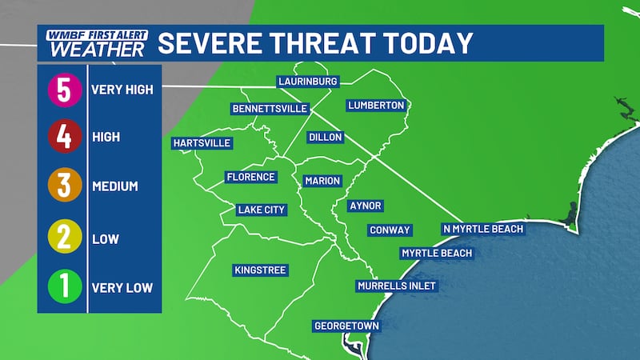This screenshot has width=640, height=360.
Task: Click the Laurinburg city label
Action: [x=308, y=82]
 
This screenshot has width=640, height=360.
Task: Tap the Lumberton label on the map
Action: [x=377, y=106]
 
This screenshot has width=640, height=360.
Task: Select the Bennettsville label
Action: [x=265, y=108]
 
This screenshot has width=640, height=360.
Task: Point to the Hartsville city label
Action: [x=202, y=143]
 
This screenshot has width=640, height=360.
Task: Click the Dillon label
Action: [x=325, y=138]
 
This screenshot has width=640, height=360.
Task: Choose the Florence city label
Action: [x=250, y=177]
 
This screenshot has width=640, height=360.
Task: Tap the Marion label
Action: [x=322, y=181]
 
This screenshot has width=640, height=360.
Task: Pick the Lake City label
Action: [x=261, y=210]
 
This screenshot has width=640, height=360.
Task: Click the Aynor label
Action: [x=366, y=206]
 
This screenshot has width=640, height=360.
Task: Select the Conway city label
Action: [x=390, y=230]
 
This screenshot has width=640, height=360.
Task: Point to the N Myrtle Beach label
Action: [x=483, y=229]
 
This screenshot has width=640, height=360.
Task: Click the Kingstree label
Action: [x=260, y=270]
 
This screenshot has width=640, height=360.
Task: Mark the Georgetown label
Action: [x=346, y=326]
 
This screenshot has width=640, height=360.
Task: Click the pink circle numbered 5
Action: [x=64, y=90]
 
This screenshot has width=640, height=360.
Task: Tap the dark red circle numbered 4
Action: [x=64, y=138]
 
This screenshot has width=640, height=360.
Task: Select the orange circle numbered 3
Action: [x=64, y=186]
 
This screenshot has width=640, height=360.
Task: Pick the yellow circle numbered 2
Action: [x=64, y=237]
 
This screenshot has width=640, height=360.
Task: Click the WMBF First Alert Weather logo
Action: [x=96, y=42]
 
